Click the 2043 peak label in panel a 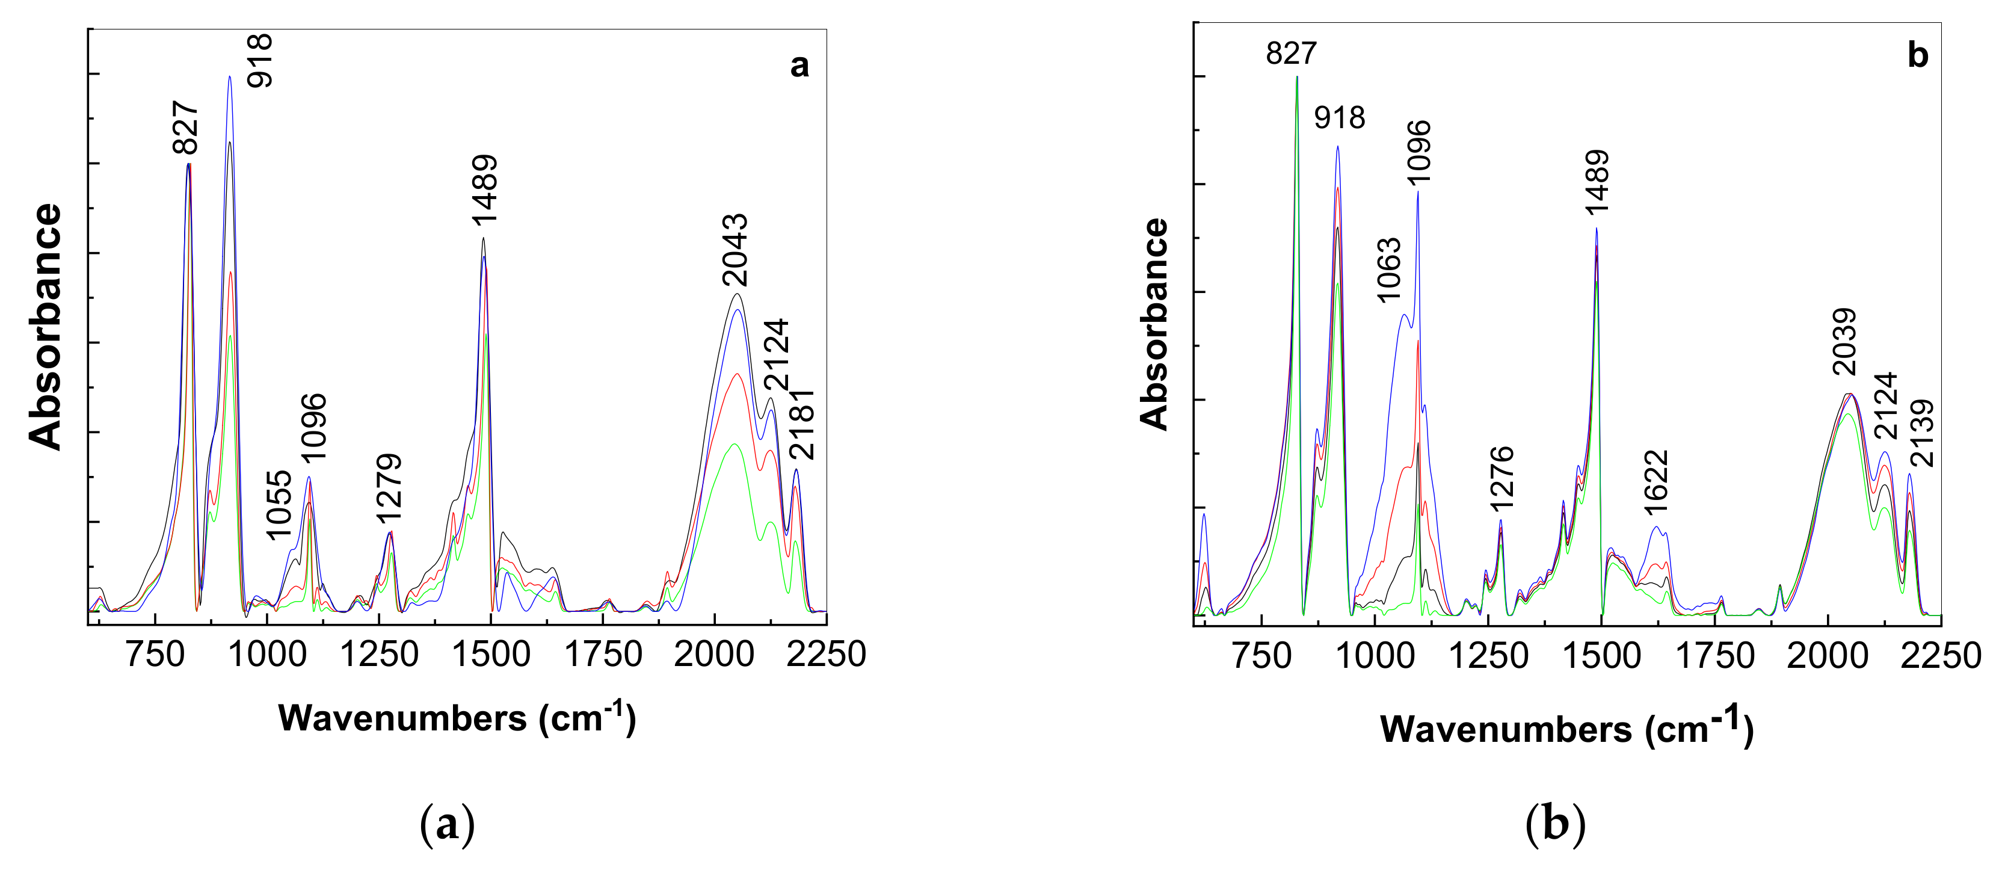point(735,250)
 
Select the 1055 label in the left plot point(278,505)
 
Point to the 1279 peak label point(389,488)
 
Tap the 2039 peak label point(1844,342)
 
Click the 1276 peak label point(1501,478)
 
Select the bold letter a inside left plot point(799,66)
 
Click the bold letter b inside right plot point(1918,55)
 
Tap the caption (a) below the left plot point(447,824)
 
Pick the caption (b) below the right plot point(1555,824)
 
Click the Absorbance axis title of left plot point(45,326)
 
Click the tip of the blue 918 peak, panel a point(230,76)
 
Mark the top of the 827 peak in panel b point(1297,76)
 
